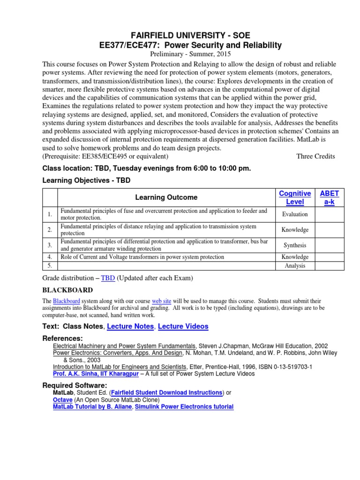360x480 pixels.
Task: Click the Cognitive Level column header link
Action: [295, 197]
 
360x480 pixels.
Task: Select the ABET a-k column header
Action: [329, 197]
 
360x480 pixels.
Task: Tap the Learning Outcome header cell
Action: [166, 197]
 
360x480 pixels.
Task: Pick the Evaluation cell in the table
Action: [295, 214]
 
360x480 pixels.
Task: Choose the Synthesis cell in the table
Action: [295, 245]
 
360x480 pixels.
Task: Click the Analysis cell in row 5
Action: [295, 266]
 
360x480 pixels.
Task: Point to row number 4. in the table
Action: [49, 257]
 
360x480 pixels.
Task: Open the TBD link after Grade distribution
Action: [108, 278]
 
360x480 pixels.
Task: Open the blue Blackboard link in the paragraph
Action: [67, 300]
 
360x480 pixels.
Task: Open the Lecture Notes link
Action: [130, 326]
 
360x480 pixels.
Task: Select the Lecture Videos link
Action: [183, 326]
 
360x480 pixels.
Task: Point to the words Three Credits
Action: [315, 156]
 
